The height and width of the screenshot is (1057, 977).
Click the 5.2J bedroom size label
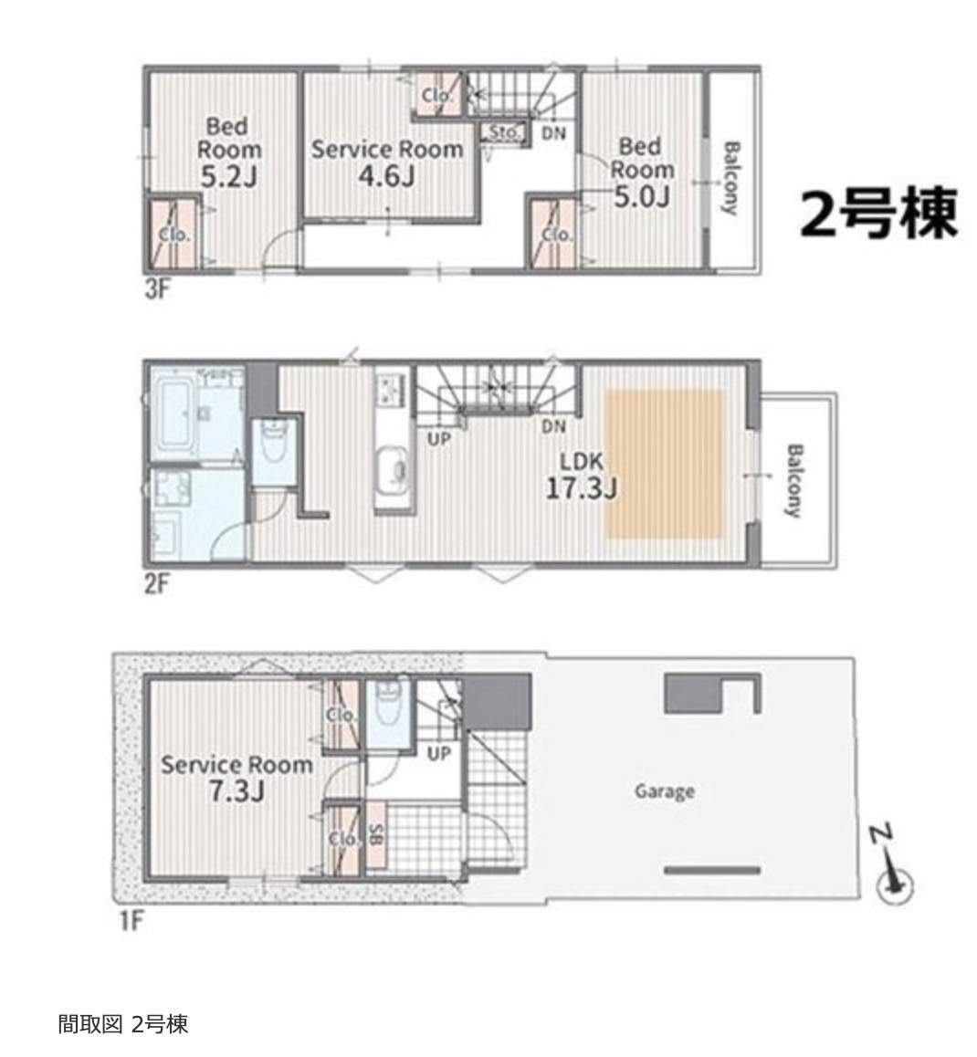228,177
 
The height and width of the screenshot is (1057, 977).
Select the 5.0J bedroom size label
641,197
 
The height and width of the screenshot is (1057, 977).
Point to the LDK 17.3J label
581,475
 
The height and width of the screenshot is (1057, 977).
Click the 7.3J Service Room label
236,778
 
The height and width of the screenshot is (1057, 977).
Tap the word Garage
664,790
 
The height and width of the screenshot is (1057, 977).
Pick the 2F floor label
156,584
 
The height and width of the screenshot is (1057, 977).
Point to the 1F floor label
131,920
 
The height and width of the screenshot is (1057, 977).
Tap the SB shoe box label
376,836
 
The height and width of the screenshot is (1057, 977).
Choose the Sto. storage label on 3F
504,131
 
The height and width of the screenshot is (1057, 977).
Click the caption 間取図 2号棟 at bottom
122,1024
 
